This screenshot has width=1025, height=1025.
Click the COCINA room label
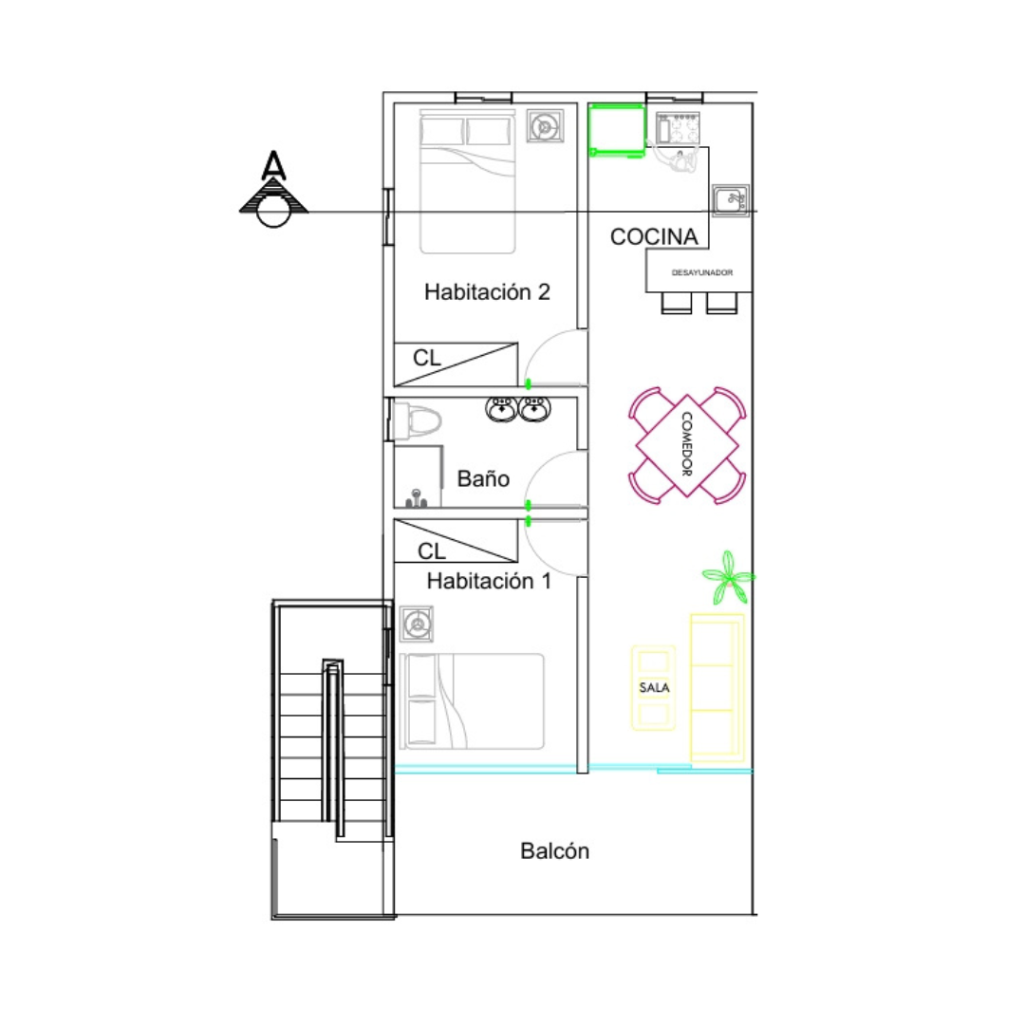654,236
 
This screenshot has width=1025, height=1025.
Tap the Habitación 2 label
487,291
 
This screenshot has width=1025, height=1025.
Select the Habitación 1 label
489,581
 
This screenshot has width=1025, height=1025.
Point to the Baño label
483,478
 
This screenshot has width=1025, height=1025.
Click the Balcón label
554,850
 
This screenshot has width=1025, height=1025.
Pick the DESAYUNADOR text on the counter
702,272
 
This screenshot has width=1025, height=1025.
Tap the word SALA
654,688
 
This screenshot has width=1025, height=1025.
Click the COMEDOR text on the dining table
687,444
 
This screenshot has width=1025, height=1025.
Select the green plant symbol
728,578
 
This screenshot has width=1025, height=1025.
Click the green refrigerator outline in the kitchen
617,130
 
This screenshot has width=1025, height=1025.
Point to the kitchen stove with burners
678,128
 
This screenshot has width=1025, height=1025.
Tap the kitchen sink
730,200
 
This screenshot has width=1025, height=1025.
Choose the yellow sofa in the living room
717,688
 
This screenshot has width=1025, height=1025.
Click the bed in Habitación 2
467,181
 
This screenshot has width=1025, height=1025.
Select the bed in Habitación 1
472,701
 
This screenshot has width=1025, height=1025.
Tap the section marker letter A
273,165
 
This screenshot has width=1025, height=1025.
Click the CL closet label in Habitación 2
427,358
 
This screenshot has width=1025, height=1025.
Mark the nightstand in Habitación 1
417,624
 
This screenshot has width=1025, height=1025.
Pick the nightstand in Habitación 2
545,126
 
